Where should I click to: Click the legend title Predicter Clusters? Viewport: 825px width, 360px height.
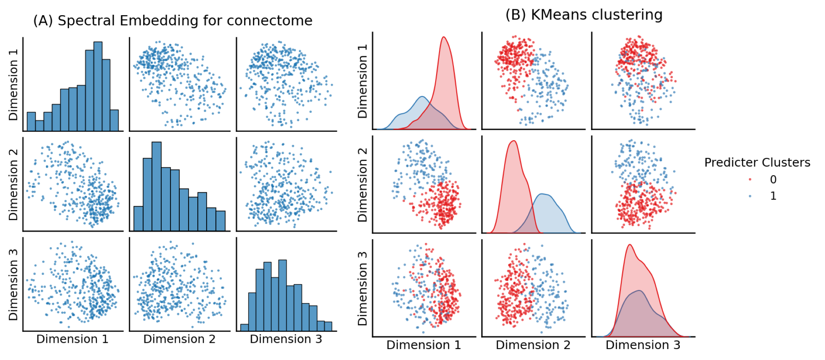tap(757, 163)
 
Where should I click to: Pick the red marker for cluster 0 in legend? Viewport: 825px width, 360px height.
tap(750, 180)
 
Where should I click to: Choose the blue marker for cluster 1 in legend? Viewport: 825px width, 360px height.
tap(750, 196)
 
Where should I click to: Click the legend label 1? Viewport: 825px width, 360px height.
tap(773, 196)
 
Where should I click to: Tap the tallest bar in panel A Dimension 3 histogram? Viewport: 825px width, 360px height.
tap(282, 295)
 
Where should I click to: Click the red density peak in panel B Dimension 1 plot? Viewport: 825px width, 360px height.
tap(444, 39)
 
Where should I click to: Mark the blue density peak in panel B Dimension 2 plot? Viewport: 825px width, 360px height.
tap(545, 195)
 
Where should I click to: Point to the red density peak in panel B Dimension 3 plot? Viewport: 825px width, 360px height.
tap(630, 246)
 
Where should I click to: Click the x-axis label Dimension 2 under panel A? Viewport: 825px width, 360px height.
tap(179, 339)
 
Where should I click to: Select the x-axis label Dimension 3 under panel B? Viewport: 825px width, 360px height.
tap(643, 345)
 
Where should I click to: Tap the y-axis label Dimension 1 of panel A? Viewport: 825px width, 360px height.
tap(13, 84)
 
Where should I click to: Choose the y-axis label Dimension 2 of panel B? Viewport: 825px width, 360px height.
tap(362, 185)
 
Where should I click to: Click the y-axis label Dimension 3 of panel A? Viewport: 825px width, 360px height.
tap(13, 284)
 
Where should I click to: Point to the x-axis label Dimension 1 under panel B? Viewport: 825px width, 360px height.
tap(423, 345)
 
